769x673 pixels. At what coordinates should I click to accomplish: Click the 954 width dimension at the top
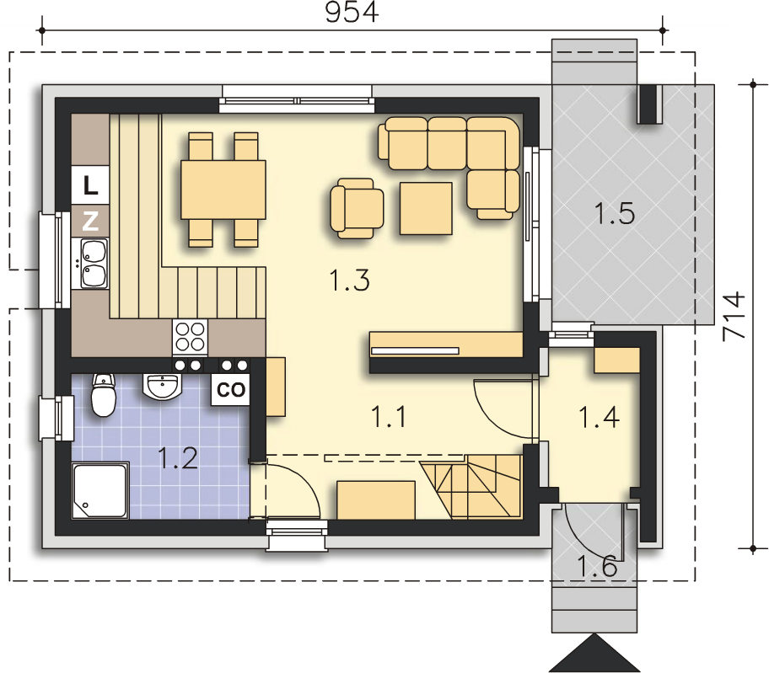(352, 13)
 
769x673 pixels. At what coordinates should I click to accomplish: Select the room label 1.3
(349, 280)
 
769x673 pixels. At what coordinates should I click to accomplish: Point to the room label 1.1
(389, 417)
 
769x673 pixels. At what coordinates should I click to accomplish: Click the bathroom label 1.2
(178, 459)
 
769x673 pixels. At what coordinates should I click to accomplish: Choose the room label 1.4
(600, 417)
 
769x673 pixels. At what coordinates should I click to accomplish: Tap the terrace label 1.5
(615, 214)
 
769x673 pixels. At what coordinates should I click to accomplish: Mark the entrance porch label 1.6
(597, 567)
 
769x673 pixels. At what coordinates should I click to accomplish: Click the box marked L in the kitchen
(90, 185)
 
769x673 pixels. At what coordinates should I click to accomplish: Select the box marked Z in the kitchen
(90, 221)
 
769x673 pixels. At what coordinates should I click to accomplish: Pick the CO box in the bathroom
(230, 390)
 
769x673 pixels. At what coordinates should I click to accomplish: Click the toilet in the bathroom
(104, 395)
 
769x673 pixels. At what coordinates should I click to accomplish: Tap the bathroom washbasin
(160, 386)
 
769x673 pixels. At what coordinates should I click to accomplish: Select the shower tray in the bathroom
(100, 491)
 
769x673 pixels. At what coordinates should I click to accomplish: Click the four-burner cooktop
(191, 337)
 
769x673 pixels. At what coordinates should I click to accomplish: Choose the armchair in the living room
(357, 209)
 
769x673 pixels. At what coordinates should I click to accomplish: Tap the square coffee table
(426, 208)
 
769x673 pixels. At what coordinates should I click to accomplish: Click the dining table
(223, 190)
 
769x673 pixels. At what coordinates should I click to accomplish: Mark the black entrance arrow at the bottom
(594, 653)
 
